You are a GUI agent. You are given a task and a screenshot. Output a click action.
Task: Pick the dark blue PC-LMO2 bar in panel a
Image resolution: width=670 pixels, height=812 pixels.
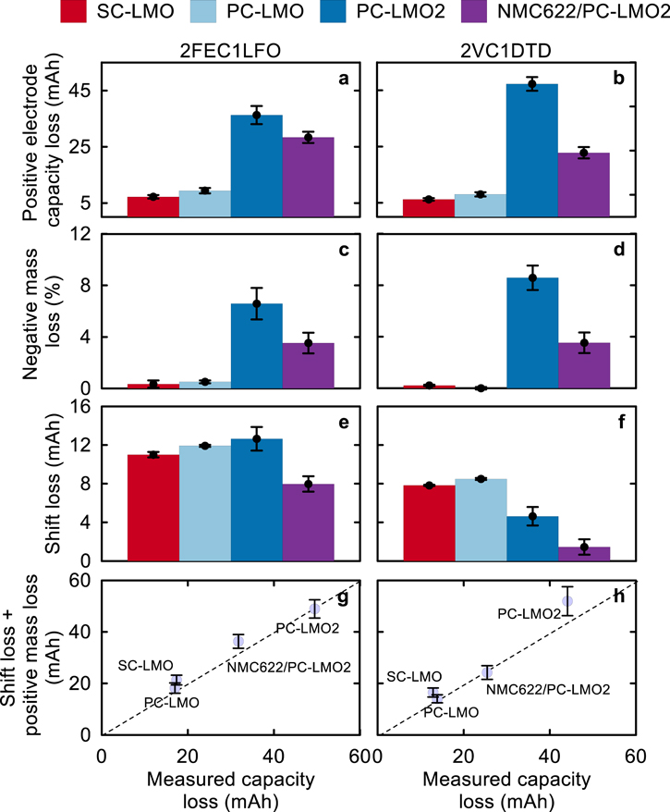(256, 166)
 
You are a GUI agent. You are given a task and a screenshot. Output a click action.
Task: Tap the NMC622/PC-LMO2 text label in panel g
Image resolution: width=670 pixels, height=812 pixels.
(277, 666)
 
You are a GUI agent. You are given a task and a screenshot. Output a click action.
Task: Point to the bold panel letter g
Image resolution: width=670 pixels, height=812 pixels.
(343, 598)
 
